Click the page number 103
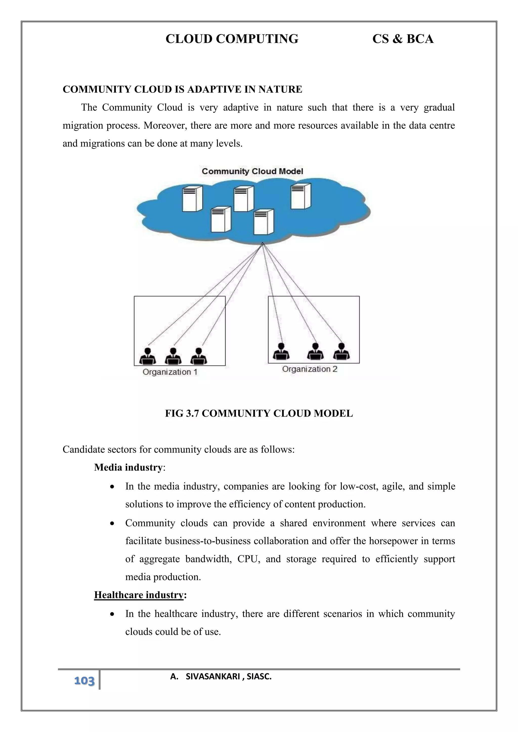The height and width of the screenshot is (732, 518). [x=84, y=681]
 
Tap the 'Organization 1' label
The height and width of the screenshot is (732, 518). [x=170, y=372]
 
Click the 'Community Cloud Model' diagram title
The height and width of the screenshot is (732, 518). [x=252, y=171]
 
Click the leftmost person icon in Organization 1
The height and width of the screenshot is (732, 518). [x=148, y=356]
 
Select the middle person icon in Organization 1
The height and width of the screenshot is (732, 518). [x=173, y=356]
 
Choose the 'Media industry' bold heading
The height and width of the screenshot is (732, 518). [x=128, y=467]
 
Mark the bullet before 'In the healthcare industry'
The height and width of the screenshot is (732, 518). [x=112, y=614]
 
